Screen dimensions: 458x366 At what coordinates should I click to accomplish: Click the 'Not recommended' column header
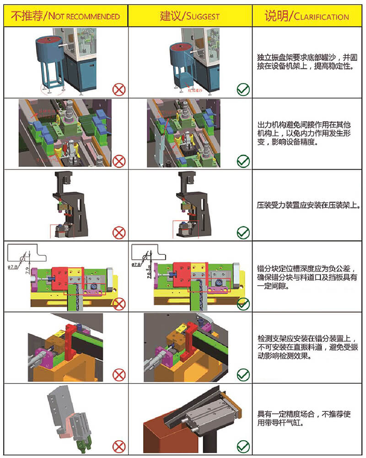pyautogui.click(x=65, y=17)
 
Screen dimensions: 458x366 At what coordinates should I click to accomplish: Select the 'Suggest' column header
pyautogui.click(x=190, y=17)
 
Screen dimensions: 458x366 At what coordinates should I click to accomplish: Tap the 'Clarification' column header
pyautogui.click(x=307, y=17)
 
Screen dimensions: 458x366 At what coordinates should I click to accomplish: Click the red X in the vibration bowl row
pyautogui.click(x=119, y=89)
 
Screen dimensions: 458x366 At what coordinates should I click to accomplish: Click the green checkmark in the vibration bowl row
pyautogui.click(x=243, y=89)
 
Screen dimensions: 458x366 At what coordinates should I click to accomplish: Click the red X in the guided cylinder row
pyautogui.click(x=119, y=446)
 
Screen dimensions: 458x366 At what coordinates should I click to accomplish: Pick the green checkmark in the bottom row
pyautogui.click(x=243, y=446)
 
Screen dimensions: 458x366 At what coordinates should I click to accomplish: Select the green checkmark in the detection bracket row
pyautogui.click(x=243, y=375)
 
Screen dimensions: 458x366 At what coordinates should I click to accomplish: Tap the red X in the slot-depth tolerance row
pyautogui.click(x=119, y=303)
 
